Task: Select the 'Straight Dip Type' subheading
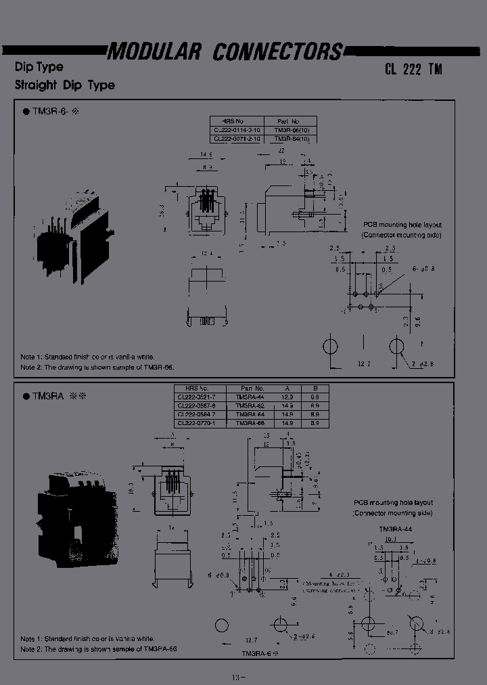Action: point(65,85)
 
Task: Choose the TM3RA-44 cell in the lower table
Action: point(250,397)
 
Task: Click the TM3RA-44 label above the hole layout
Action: point(396,529)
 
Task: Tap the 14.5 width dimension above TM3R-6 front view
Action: point(204,155)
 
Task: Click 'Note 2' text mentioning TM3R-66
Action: point(97,367)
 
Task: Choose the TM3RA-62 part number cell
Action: point(250,406)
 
